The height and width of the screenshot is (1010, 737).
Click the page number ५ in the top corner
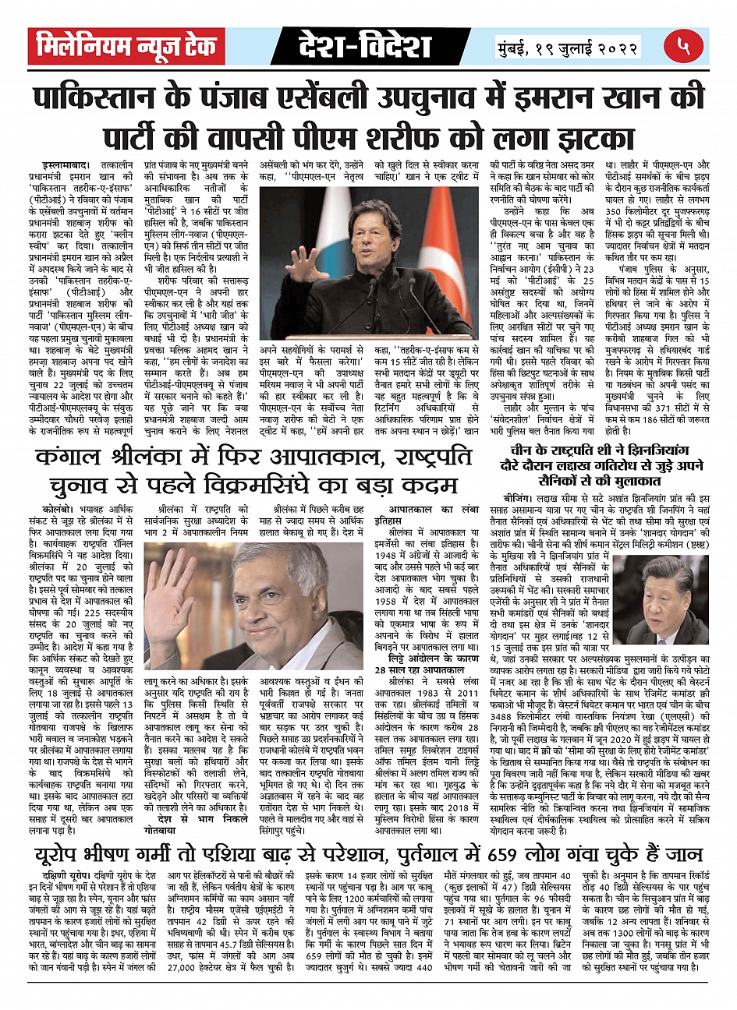tap(684, 48)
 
